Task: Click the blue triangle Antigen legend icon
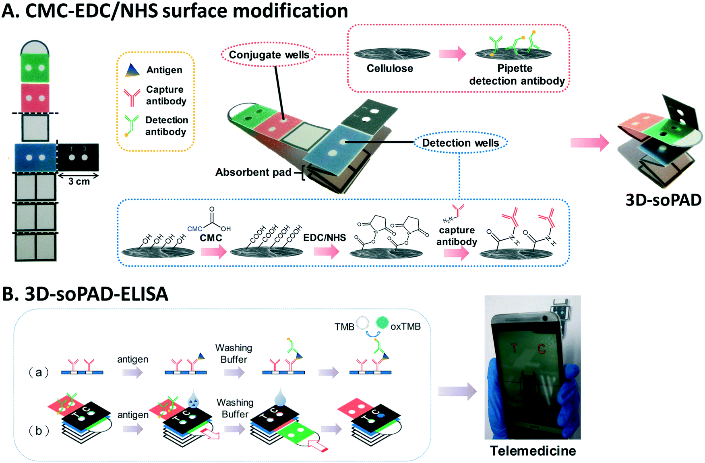pos(132,71)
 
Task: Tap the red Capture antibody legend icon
pos(132,97)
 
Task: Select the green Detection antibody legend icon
pos(131,125)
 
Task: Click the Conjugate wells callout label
pos(269,55)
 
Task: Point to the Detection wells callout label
pos(460,143)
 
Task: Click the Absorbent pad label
pos(253,172)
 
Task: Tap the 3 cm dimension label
pos(79,182)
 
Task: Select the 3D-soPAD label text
pos(663,200)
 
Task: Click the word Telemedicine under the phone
pos(533,451)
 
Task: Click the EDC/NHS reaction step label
pos(325,238)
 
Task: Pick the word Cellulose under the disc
pos(390,69)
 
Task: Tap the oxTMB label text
pos(405,326)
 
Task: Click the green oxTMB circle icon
pos(382,322)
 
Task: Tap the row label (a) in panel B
pos(39,372)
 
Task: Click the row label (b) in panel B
pos(39,431)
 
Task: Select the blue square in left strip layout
pos(35,158)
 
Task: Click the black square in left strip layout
pos(79,158)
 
